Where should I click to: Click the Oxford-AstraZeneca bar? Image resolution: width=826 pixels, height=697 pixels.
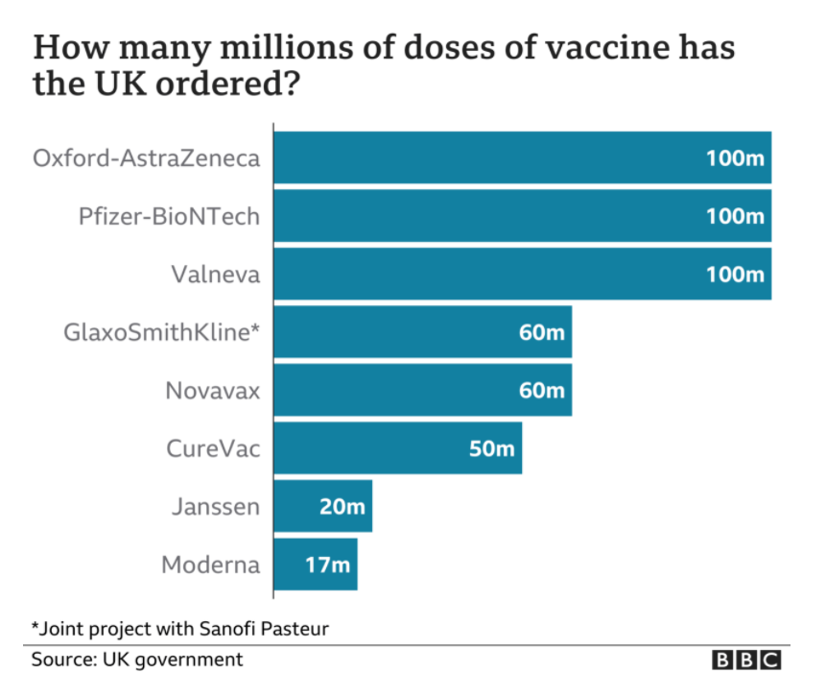523,157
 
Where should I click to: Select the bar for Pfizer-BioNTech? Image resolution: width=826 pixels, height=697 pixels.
523,216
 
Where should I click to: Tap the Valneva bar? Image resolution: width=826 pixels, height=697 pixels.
523,274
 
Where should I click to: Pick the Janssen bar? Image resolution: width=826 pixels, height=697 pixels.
323,506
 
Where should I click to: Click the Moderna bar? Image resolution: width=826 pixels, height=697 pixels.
316,565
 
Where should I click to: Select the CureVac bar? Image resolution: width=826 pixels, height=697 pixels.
398,448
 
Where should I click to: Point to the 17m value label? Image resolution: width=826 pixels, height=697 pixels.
328,565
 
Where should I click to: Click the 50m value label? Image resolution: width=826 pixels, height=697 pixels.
491,448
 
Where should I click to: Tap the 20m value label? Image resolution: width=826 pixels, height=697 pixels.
342,507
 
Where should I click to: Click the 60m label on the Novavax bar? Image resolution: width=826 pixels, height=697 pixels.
541,391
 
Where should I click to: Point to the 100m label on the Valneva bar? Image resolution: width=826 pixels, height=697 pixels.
735,275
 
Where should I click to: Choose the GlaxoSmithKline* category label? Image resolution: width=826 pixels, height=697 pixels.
162,333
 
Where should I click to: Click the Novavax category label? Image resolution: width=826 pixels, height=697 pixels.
213,391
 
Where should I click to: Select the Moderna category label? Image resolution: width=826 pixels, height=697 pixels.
211,565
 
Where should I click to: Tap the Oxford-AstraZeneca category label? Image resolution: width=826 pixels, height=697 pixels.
147,158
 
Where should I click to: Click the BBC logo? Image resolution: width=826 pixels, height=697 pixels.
746,660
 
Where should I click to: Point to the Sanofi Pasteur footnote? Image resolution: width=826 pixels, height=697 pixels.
180,629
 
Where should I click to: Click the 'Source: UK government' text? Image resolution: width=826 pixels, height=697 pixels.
137,660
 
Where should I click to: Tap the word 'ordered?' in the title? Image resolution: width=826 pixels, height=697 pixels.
227,84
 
